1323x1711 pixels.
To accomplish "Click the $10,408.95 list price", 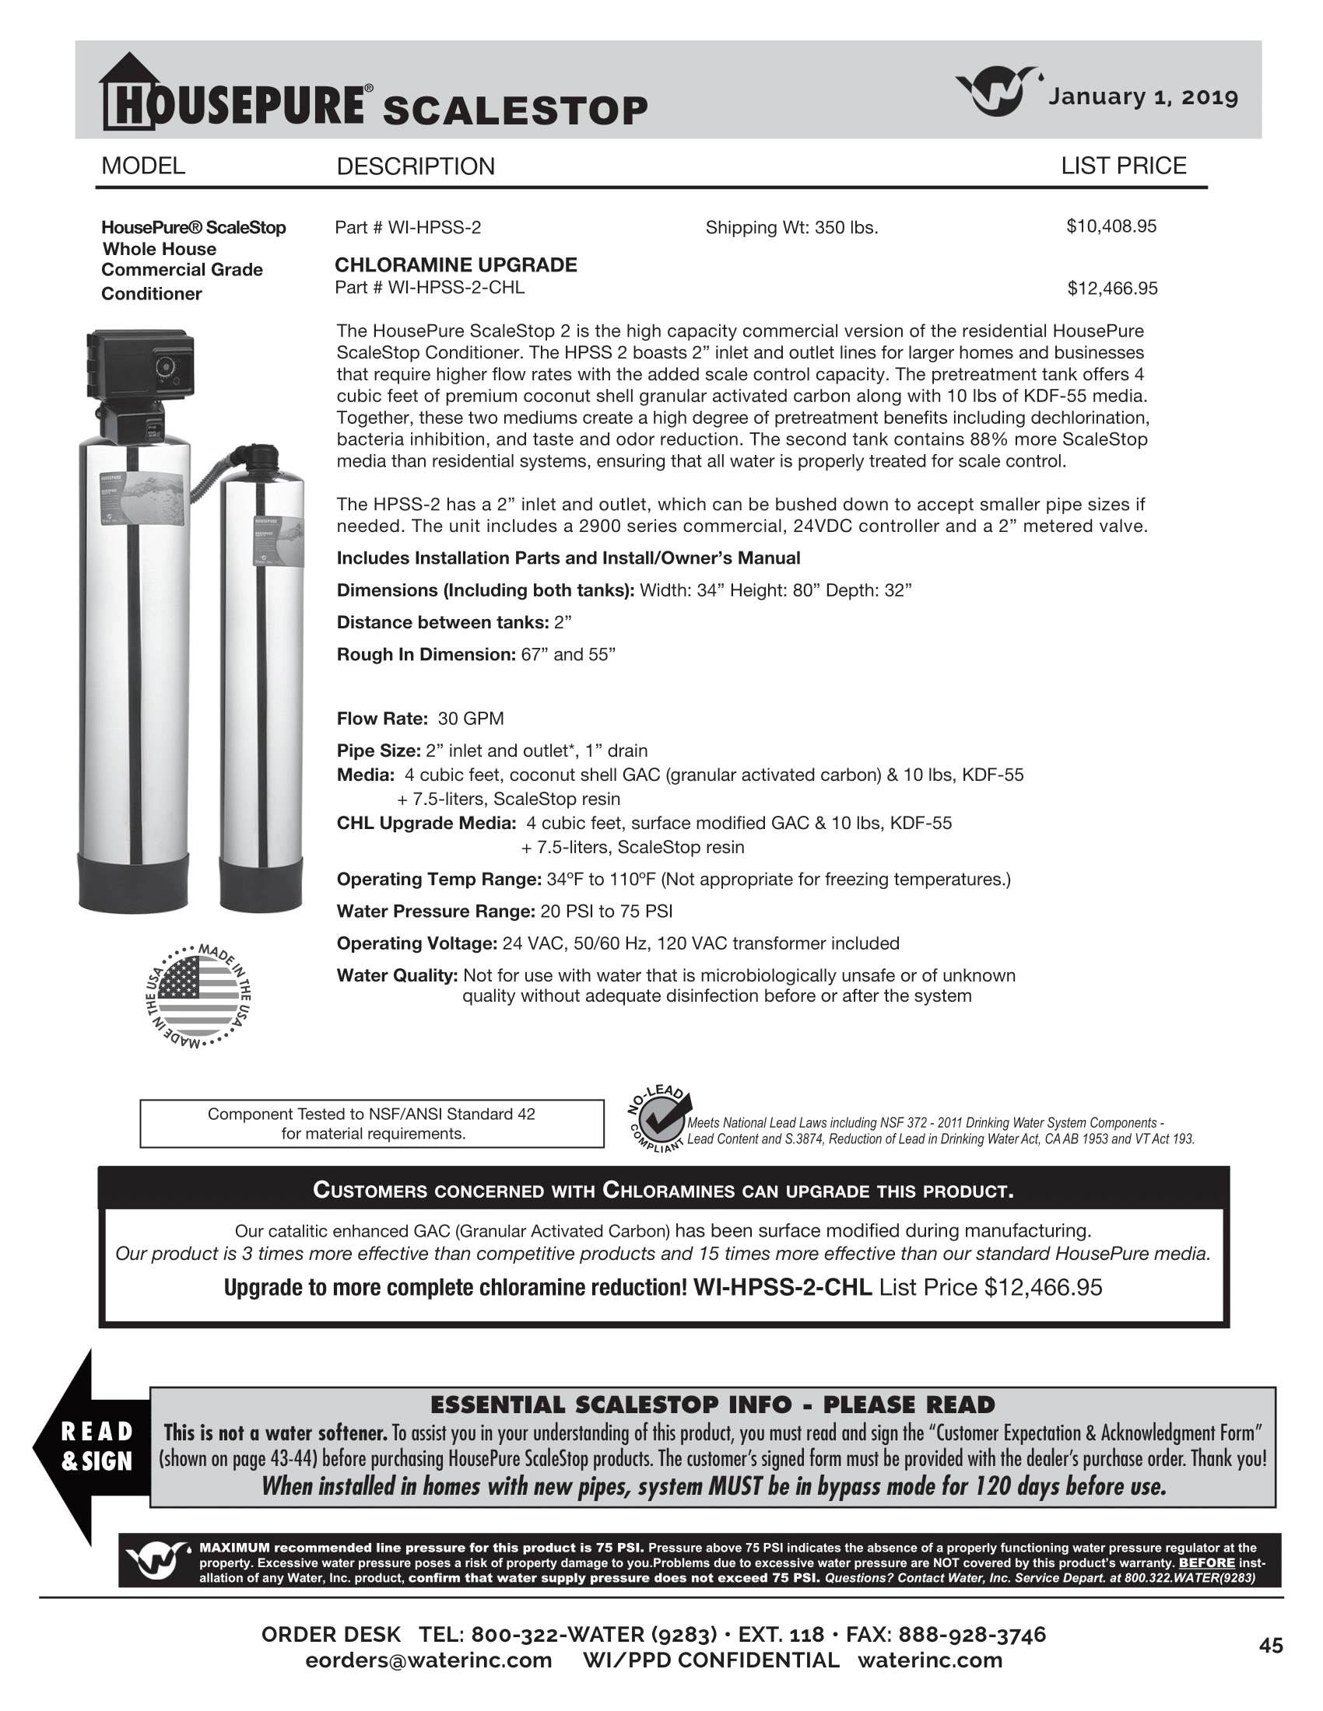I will (1111, 226).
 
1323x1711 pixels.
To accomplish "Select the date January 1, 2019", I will (1142, 97).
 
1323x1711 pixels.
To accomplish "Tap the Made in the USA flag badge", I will (198, 995).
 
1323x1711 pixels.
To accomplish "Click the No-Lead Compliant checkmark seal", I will (659, 1119).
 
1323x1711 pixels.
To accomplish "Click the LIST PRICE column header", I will (1123, 166).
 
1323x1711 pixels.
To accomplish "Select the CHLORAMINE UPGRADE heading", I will (455, 264).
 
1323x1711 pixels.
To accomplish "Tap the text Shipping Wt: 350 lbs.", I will (791, 228).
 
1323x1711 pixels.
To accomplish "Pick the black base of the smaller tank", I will (260, 882).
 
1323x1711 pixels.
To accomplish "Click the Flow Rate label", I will (381, 719).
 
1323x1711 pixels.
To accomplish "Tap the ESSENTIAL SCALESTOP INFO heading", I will (712, 1405).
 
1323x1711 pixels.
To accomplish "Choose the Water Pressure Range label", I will (436, 911).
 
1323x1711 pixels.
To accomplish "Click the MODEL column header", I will (143, 166).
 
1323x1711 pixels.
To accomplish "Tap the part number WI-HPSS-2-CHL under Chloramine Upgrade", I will (430, 288).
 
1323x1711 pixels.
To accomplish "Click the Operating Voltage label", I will (417, 943).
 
